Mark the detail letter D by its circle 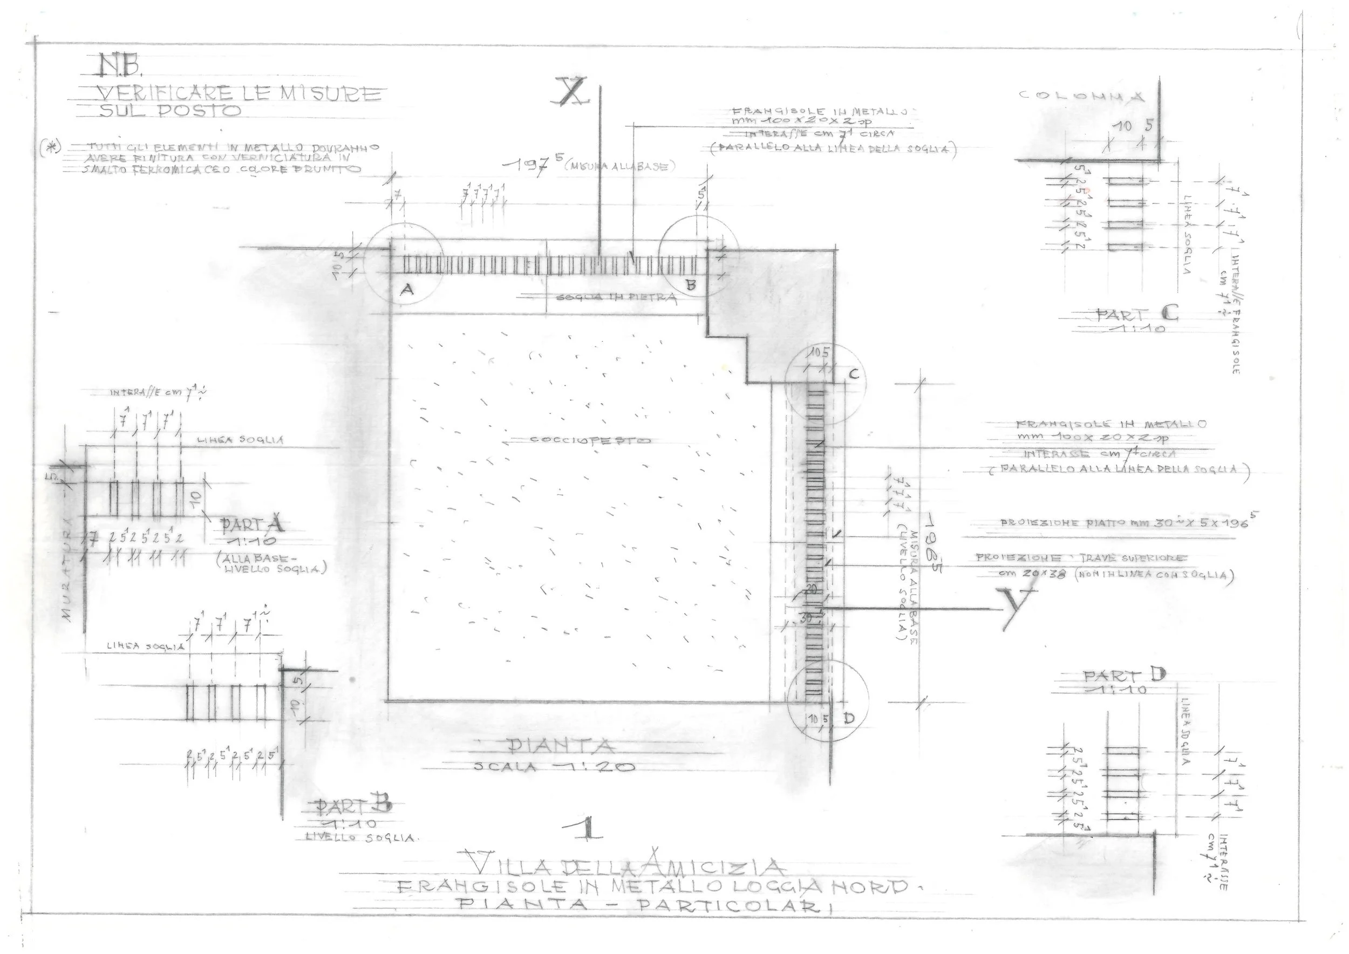848,718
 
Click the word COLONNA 1081,96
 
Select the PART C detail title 1137,315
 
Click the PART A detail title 251,523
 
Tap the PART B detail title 352,806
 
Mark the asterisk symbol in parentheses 51,147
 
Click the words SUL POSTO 171,111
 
